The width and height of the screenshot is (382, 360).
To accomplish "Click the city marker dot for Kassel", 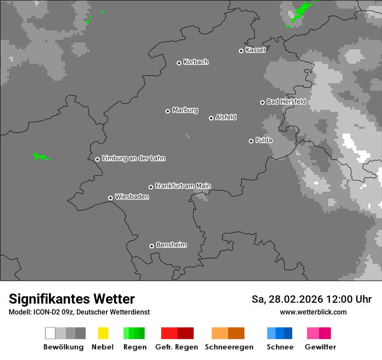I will click(x=241, y=51).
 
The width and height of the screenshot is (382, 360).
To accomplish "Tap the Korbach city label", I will click(x=196, y=62).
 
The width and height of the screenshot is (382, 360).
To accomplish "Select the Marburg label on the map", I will click(x=185, y=110).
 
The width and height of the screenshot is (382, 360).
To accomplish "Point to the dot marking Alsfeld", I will click(x=211, y=118).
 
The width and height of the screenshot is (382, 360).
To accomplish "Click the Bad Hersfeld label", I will click(x=286, y=101).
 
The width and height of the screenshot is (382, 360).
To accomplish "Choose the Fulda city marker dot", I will click(x=251, y=141).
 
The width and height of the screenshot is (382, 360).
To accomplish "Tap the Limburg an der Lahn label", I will click(x=133, y=158).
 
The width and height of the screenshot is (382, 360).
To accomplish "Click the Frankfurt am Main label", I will click(x=183, y=186).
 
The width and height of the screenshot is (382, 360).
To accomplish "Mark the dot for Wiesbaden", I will click(x=110, y=198).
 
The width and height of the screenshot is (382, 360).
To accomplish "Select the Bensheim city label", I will click(x=171, y=245).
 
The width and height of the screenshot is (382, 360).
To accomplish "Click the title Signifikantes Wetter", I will click(x=72, y=299).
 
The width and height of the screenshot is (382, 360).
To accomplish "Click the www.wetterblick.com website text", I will click(x=313, y=312).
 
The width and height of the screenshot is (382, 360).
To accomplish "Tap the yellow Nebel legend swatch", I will click(x=103, y=333).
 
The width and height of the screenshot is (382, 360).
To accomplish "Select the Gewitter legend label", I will click(x=320, y=347).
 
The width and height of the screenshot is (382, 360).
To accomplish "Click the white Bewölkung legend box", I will click(x=50, y=333).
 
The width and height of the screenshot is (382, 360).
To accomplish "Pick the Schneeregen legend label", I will click(x=229, y=347).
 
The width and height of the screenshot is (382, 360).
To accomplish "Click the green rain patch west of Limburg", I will click(x=40, y=156).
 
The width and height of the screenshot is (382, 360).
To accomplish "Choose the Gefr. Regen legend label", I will click(x=177, y=347).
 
